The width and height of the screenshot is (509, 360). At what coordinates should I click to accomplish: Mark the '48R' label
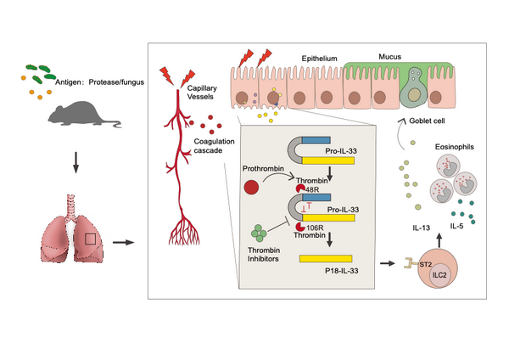click(x=311, y=188)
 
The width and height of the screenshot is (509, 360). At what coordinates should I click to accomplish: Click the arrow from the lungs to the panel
click(x=124, y=242)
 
